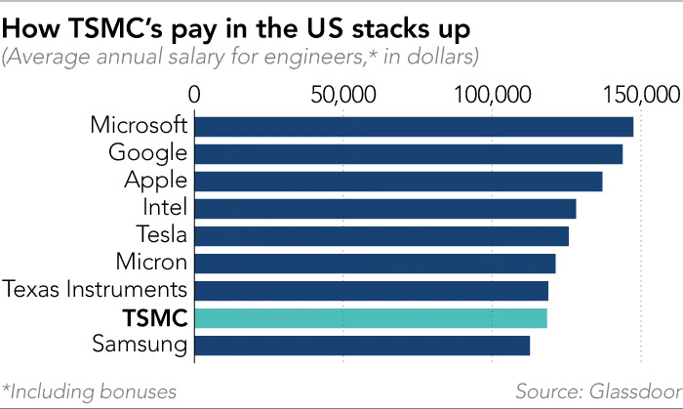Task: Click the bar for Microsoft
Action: (414, 126)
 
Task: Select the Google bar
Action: (409, 153)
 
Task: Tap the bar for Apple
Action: (398, 181)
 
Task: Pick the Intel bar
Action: (385, 208)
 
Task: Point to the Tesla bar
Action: (382, 235)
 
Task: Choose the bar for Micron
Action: (375, 263)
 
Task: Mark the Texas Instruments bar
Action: (372, 290)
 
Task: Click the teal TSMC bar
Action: (371, 317)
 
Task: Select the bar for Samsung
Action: (362, 345)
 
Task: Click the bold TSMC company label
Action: (154, 317)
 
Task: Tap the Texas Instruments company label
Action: (95, 290)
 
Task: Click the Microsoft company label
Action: (138, 126)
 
